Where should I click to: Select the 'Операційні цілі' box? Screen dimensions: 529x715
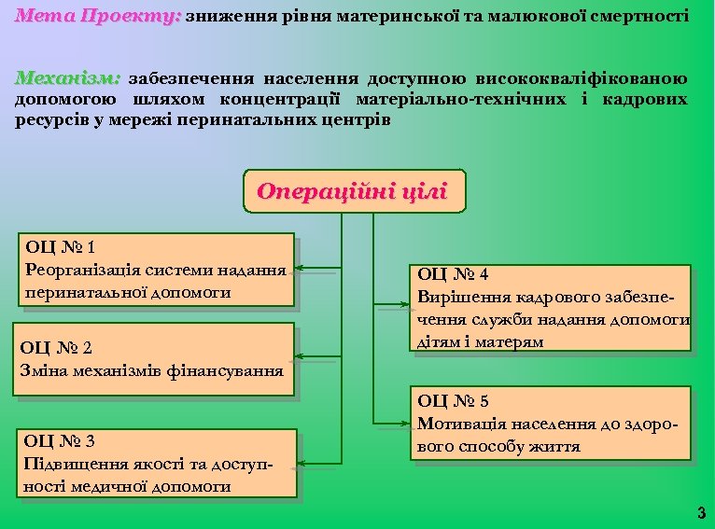(353, 191)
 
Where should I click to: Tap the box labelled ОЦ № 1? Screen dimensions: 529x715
(156, 269)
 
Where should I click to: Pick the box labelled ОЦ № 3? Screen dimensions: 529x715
(158, 463)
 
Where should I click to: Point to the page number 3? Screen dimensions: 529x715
(701, 511)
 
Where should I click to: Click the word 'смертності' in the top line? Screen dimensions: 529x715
(639, 16)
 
